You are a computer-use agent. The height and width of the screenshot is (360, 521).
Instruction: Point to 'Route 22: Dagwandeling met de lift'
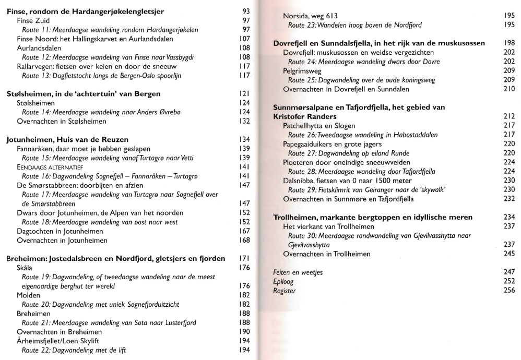[74, 350]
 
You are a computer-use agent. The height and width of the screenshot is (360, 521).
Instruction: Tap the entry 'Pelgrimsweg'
[302, 71]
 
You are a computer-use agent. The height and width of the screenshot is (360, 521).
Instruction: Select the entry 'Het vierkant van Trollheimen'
[328, 226]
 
